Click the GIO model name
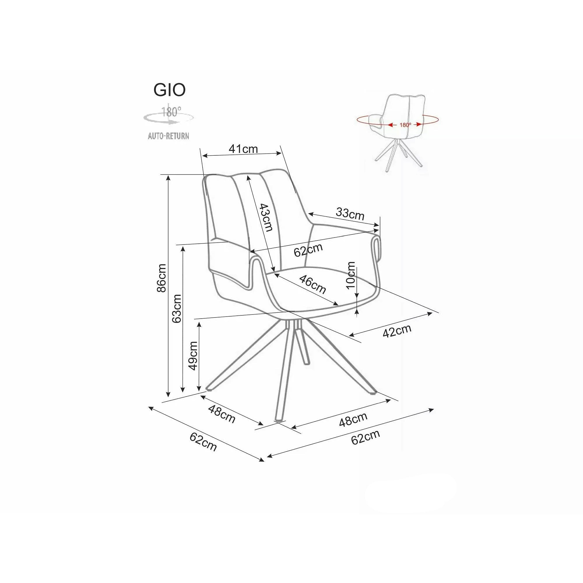click(x=170, y=90)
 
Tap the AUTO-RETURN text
click(x=168, y=136)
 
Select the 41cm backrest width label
click(x=243, y=149)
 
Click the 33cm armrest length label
click(x=350, y=214)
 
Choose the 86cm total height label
click(x=162, y=278)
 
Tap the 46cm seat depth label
click(x=312, y=285)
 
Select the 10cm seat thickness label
click(x=351, y=275)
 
